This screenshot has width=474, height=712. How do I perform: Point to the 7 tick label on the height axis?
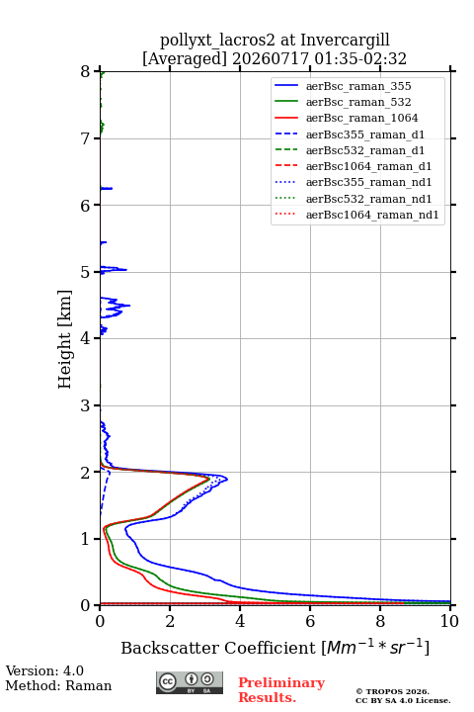click(x=85, y=138)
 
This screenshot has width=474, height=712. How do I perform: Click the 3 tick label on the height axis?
click(x=85, y=405)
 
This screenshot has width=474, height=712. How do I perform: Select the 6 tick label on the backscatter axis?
click(x=310, y=621)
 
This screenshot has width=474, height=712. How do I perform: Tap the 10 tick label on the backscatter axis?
click(x=449, y=621)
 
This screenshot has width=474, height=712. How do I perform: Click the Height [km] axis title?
click(x=64, y=339)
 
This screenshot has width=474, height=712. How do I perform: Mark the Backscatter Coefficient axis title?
click(x=275, y=648)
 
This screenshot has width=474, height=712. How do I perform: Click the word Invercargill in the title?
click(x=346, y=40)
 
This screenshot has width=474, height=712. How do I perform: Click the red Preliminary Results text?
click(x=281, y=690)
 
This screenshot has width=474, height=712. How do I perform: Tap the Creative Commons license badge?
click(x=190, y=682)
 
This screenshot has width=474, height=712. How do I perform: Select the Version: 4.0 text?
click(x=44, y=670)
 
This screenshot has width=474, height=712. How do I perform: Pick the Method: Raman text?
click(x=58, y=685)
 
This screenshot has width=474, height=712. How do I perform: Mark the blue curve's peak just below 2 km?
click(x=226, y=479)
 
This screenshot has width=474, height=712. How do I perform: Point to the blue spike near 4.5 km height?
click(x=128, y=306)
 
